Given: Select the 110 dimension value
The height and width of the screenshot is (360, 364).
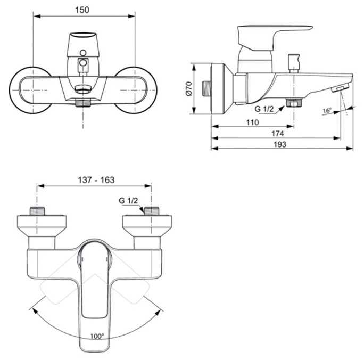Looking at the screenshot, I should [x=253, y=122].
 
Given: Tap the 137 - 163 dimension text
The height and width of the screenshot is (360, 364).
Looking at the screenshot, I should [x=95, y=181].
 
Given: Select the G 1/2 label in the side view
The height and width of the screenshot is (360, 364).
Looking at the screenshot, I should [x=264, y=109].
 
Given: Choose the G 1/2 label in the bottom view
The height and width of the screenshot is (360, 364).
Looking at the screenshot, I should [x=129, y=200].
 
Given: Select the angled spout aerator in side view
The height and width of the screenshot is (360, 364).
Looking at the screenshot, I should [x=340, y=88].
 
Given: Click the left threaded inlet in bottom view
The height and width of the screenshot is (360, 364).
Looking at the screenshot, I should [x=36, y=209].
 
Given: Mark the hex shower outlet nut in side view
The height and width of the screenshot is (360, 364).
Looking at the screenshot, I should [x=292, y=102].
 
